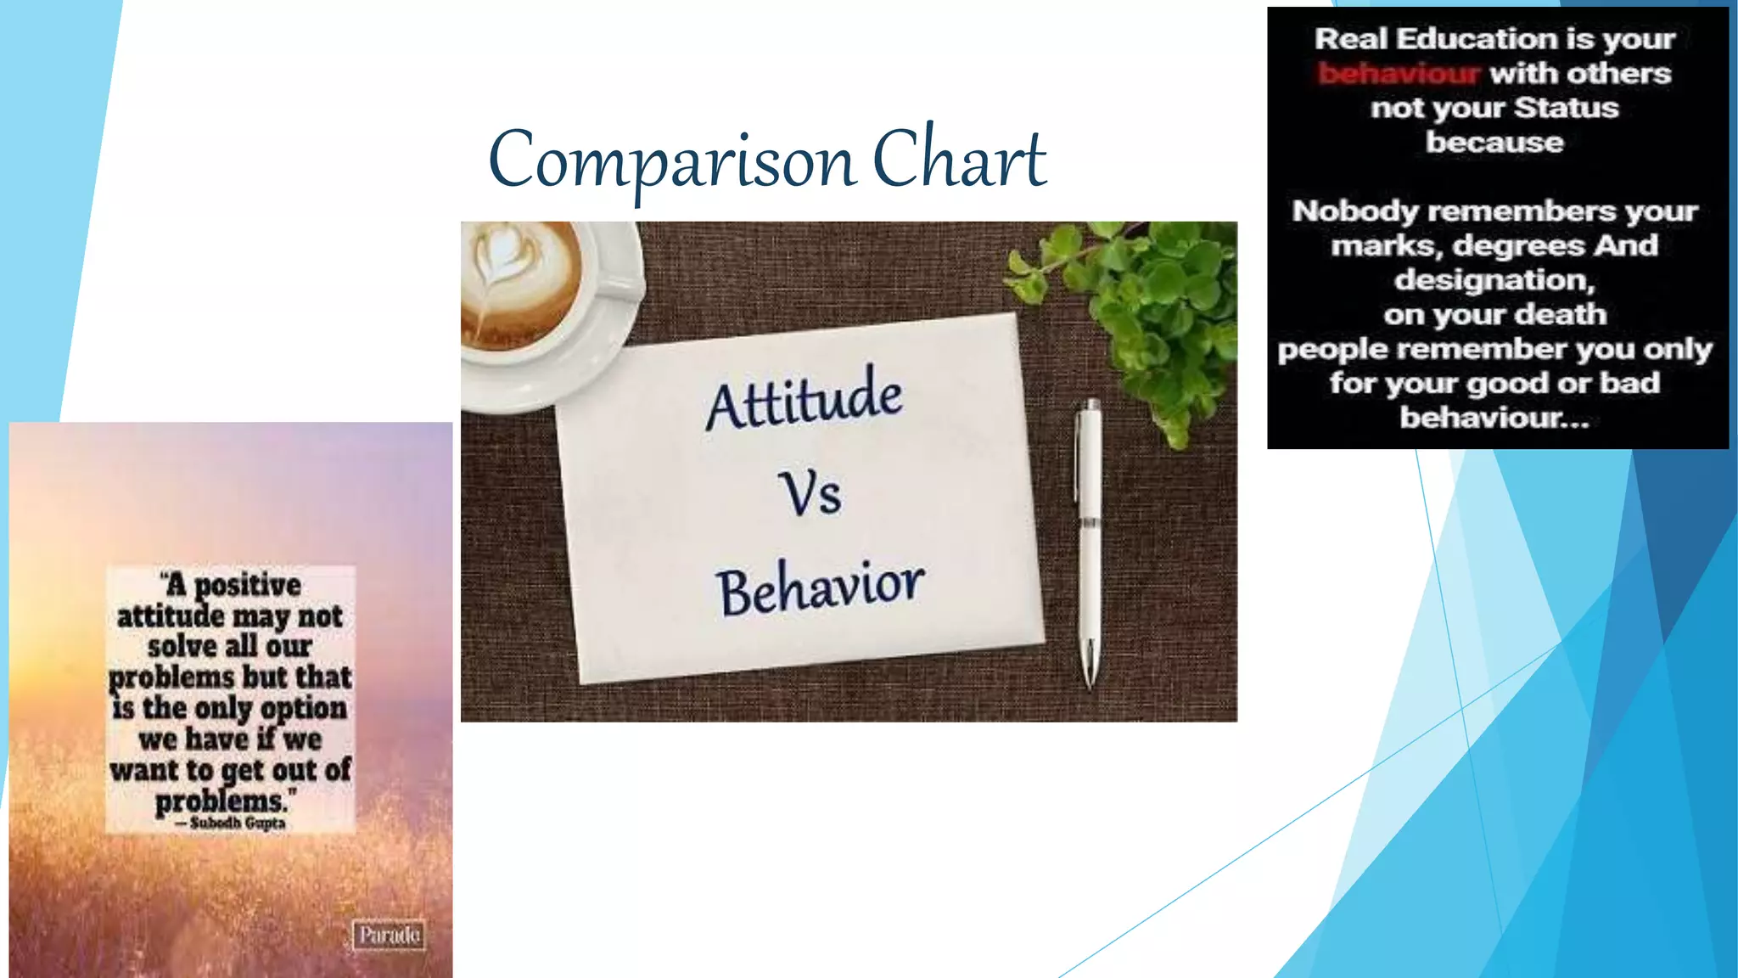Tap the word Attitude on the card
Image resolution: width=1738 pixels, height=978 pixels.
click(x=804, y=398)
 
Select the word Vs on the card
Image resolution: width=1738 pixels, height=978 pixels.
click(x=810, y=494)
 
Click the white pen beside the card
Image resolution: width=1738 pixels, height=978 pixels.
click(x=1089, y=526)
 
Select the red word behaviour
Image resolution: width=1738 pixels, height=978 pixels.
click(x=1399, y=74)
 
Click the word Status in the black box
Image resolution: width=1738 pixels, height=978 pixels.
click(x=1566, y=108)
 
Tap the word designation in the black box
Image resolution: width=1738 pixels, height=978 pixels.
click(x=1494, y=279)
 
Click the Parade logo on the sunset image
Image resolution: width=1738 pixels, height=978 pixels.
click(x=389, y=935)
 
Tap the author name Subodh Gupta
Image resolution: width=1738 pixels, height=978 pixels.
click(x=237, y=823)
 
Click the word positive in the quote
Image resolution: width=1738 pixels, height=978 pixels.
click(x=247, y=585)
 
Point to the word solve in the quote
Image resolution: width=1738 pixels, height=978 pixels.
click(x=182, y=646)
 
